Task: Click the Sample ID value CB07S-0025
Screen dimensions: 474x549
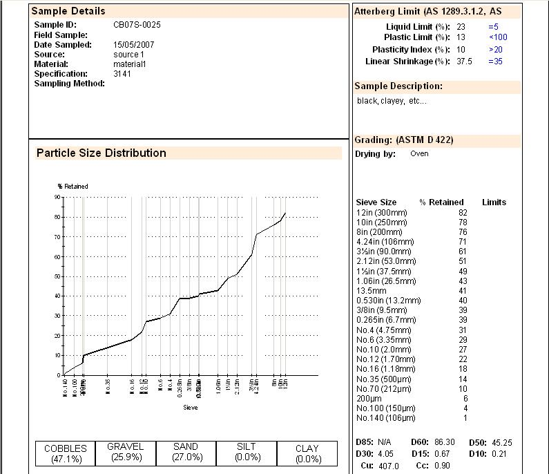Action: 137,25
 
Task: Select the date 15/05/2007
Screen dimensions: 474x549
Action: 133,45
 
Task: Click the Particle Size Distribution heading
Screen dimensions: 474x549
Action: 102,153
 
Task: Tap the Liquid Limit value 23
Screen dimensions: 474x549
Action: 461,27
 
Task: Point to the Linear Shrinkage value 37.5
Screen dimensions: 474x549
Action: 464,61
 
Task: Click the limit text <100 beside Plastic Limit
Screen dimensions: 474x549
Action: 497,37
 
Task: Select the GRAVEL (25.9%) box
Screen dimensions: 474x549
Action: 126,452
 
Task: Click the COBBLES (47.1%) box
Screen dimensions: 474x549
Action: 66,453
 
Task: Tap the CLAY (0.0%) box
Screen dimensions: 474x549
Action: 307,453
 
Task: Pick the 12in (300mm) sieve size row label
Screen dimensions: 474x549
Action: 382,213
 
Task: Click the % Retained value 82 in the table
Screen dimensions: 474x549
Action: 463,213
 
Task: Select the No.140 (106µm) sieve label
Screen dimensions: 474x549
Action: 386,418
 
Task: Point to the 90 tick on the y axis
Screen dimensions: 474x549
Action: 58,197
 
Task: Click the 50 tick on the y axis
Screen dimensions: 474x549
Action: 58,276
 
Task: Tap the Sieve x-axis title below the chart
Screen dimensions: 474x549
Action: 191,408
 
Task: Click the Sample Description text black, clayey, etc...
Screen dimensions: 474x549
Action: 392,101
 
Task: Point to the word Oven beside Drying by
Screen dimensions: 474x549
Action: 419,153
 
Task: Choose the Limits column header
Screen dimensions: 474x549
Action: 494,202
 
